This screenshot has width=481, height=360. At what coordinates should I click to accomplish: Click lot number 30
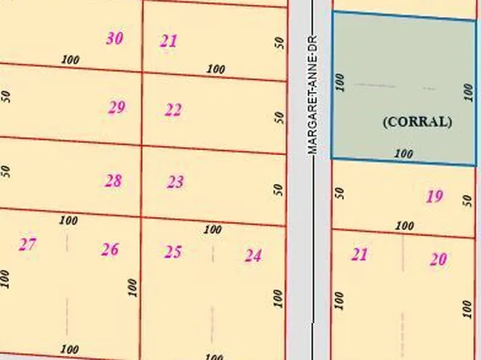115,38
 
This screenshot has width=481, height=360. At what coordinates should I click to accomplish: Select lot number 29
117,107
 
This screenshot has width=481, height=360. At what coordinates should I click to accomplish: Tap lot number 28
113,181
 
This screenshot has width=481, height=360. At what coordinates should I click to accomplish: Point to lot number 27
27,244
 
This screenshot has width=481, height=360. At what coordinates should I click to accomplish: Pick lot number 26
110,249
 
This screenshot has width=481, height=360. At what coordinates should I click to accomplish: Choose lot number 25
173,253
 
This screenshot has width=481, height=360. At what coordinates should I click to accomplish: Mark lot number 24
253,256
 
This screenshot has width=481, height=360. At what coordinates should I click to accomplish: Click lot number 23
175,182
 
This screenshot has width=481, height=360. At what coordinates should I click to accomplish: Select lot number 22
173,111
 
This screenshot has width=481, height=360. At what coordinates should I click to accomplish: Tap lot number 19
434,196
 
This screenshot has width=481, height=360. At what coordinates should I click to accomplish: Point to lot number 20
438,259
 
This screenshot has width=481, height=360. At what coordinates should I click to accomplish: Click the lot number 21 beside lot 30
169,41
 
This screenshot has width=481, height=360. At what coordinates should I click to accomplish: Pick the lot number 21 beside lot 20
360,255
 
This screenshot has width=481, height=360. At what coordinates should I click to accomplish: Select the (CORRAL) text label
416,122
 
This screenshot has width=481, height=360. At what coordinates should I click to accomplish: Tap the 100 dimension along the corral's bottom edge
404,153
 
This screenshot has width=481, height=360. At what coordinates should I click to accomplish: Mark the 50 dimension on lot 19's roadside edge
340,193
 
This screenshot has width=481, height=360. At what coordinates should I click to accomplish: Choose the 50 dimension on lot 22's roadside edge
279,116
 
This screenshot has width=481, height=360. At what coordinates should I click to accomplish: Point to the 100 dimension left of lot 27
6,278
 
